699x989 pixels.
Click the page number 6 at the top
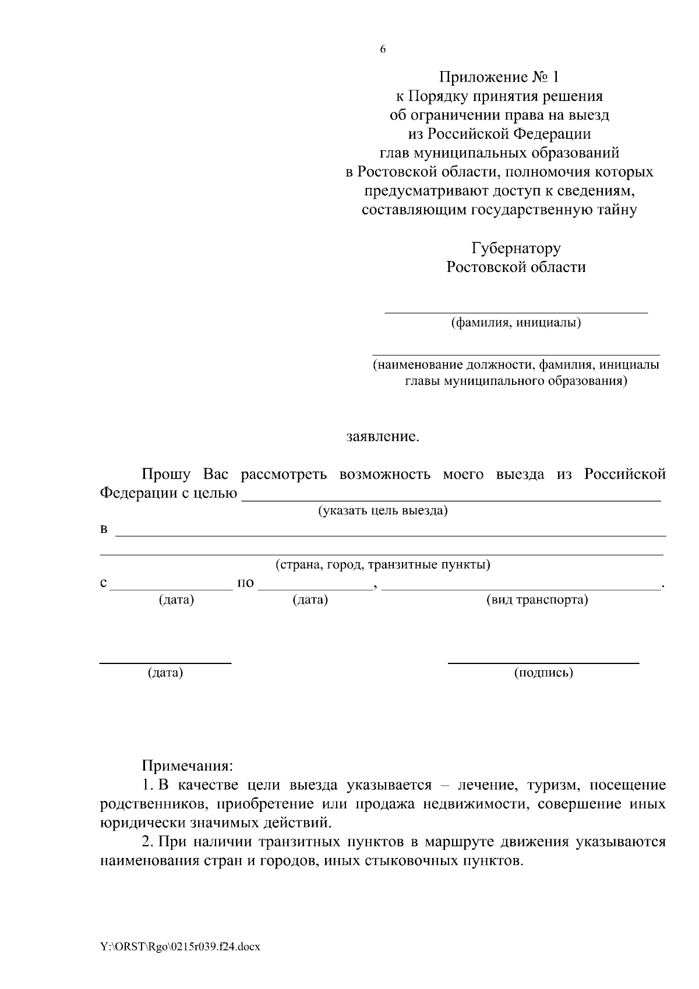383,50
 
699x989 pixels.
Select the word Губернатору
516,249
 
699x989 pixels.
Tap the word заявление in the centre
383,437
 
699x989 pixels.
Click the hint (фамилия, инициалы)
516,322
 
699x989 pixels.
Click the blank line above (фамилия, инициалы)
516,312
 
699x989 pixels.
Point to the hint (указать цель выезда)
382,511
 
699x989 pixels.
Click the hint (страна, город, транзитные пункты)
382,565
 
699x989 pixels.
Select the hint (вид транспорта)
536,600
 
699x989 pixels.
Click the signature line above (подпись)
543,663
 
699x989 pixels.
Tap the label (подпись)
543,673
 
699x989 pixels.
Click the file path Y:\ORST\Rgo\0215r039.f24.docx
179,947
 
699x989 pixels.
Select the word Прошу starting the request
166,474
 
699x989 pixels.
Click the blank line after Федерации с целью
451,500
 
